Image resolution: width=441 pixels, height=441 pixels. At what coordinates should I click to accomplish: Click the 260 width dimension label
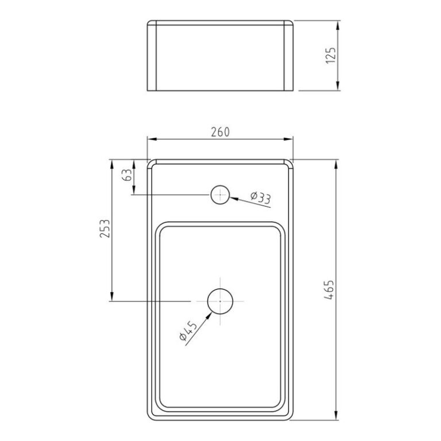point(220,131)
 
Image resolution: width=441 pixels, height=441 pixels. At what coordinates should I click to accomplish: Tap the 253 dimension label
point(104,230)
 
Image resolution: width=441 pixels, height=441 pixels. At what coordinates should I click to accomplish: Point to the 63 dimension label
point(127,175)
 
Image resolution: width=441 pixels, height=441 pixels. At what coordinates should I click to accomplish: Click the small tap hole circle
point(220,195)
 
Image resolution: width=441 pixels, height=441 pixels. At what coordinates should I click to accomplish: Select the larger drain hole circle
point(220,301)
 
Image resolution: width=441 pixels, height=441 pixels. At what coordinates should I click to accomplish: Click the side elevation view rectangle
point(220,56)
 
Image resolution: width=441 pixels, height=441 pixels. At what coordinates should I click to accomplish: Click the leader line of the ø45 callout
point(198,324)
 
